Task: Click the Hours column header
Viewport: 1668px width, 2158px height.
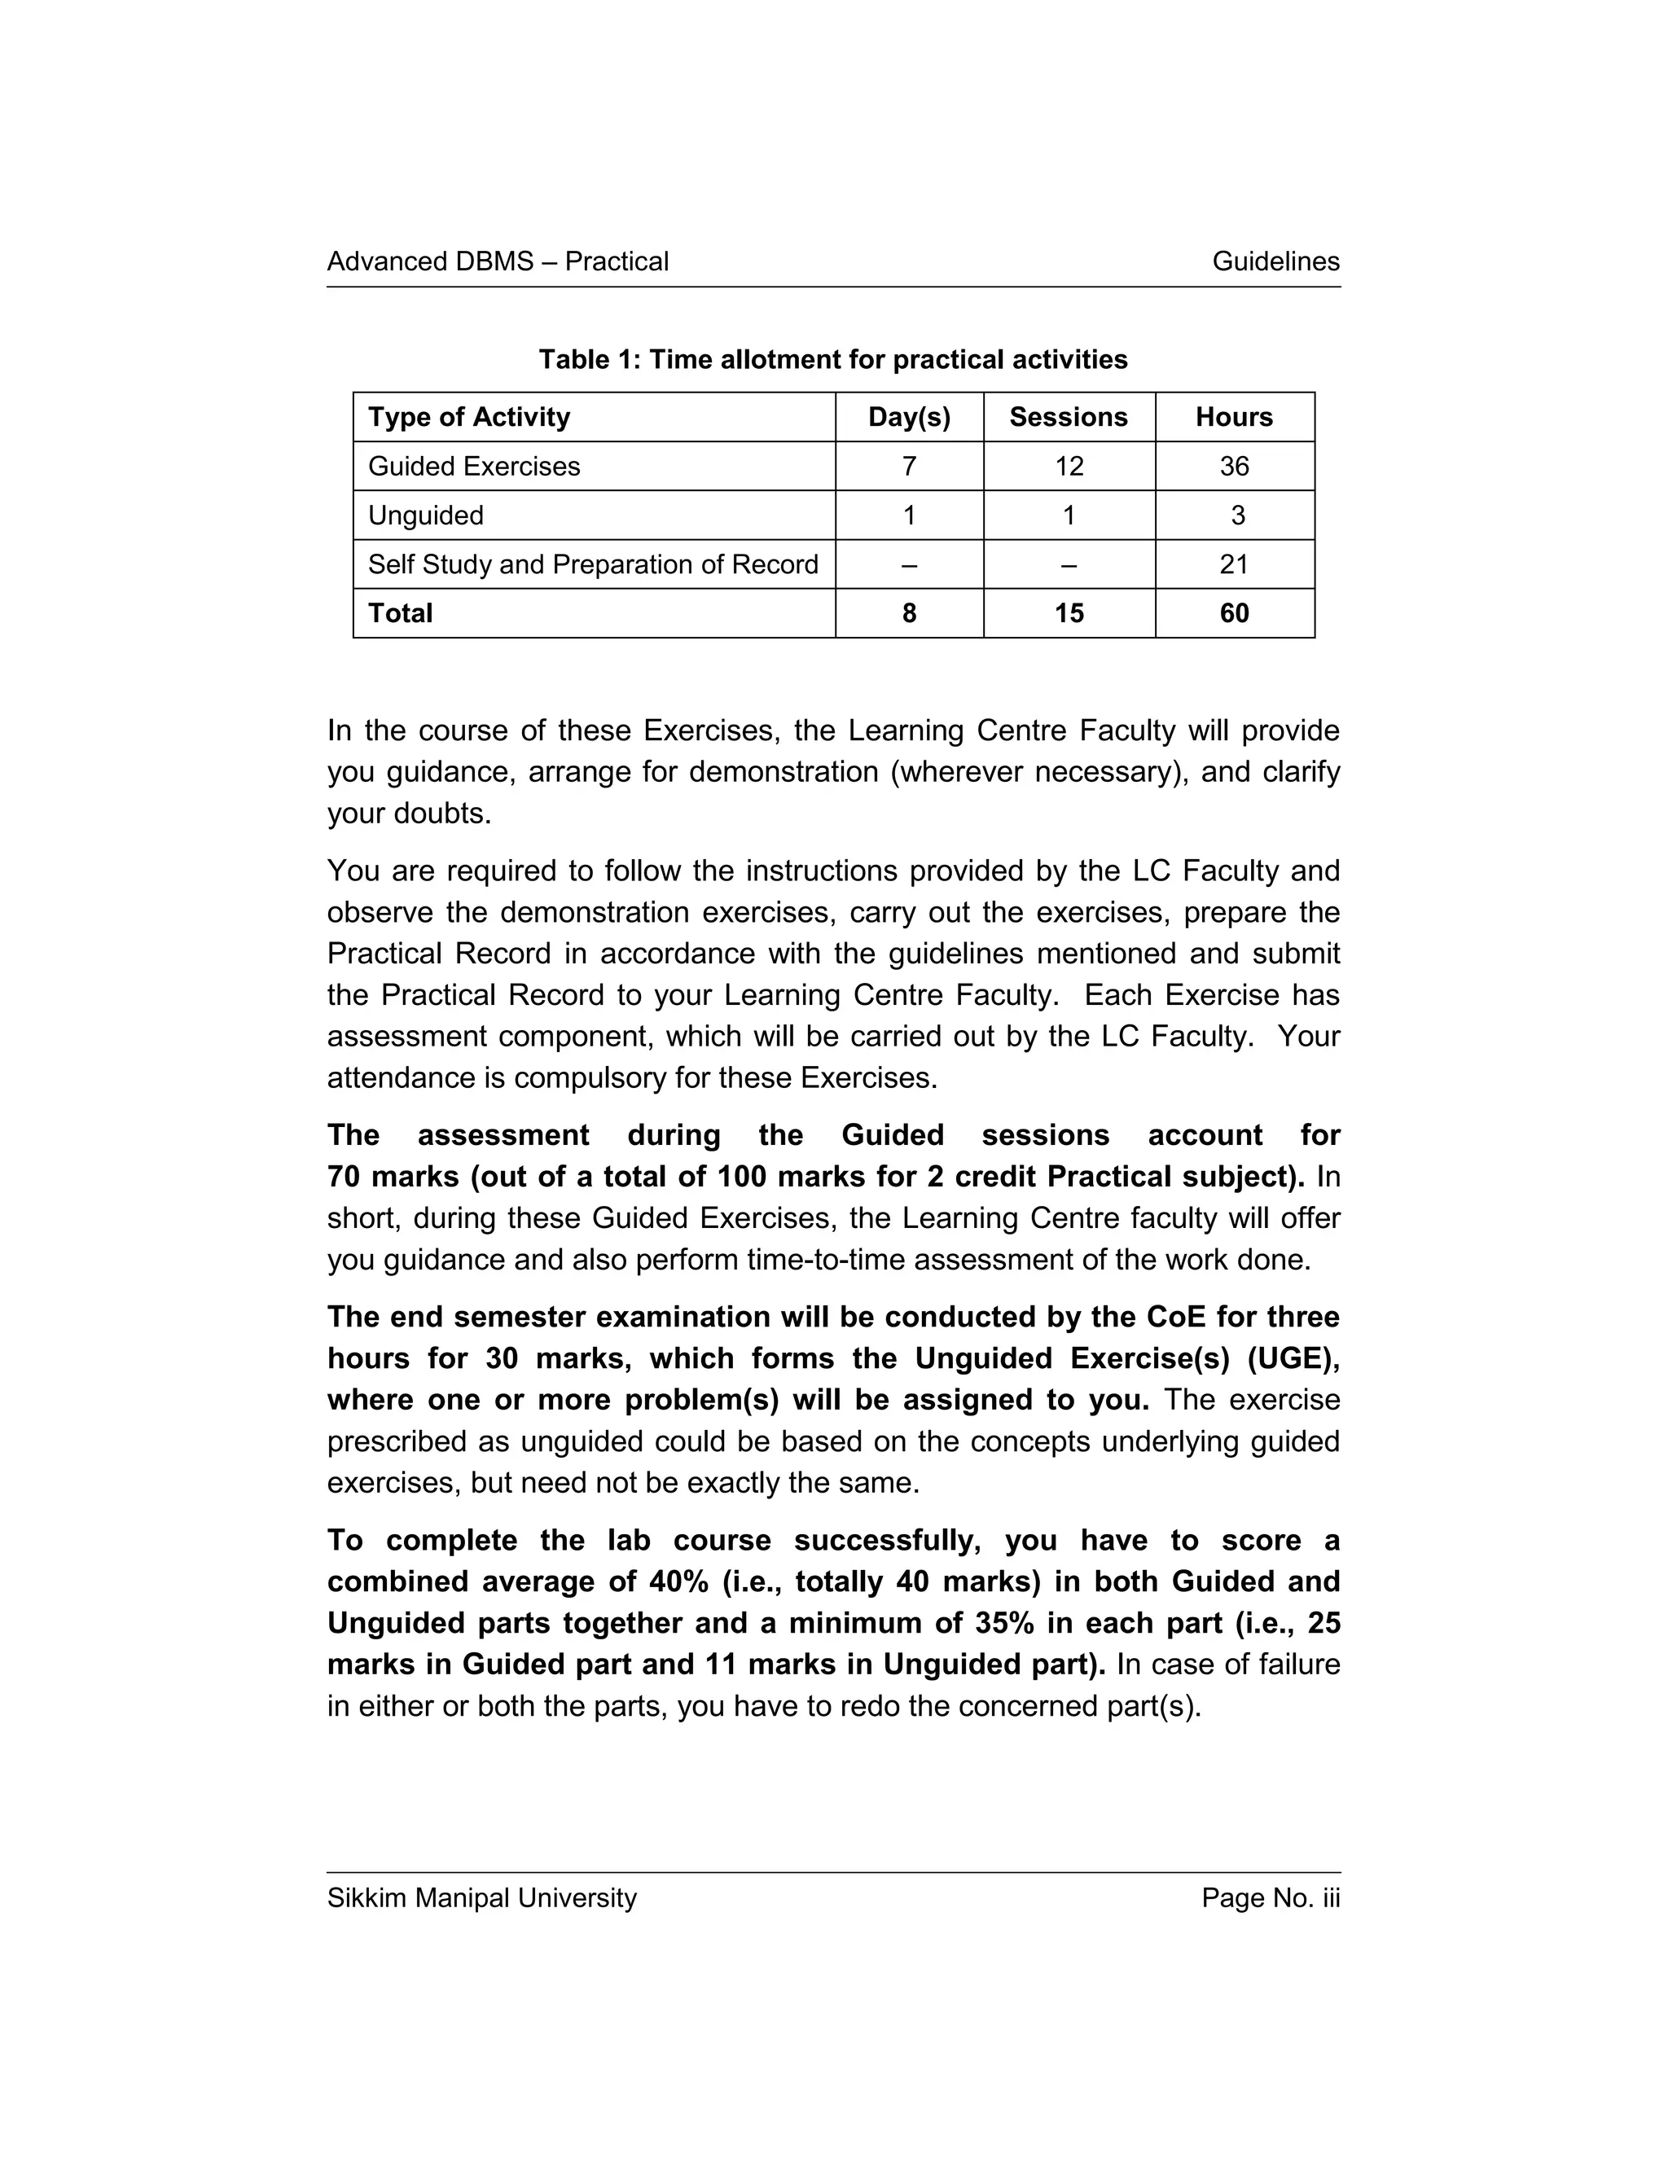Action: (1233, 417)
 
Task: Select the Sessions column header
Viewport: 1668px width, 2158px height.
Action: (1069, 417)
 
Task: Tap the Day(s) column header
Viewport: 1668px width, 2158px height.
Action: (909, 417)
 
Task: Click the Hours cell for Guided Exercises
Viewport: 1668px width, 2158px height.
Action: (1233, 467)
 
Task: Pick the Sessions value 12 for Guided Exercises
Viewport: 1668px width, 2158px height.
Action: (1069, 467)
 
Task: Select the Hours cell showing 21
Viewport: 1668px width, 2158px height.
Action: (1233, 564)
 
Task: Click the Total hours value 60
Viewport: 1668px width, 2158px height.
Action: (1233, 614)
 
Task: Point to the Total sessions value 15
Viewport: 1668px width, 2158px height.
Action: (1069, 614)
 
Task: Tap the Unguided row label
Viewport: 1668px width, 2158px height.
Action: (426, 515)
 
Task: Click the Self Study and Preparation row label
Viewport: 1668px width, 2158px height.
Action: (593, 564)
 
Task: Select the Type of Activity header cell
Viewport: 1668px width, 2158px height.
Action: (469, 417)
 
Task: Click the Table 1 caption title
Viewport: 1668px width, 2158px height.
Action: (832, 360)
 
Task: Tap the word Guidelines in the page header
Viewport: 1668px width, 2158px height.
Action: (1275, 262)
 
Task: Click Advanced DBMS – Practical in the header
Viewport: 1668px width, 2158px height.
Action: (497, 262)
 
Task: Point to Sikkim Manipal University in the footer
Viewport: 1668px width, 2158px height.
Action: (481, 1898)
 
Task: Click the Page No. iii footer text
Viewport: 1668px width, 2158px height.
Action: (1270, 1898)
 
